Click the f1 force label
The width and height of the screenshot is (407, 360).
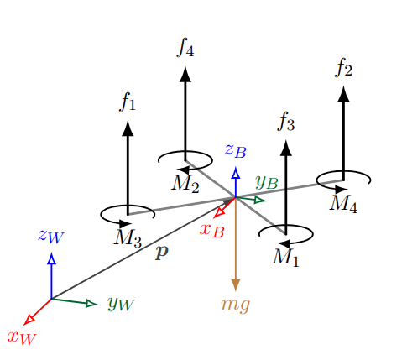tap(128, 102)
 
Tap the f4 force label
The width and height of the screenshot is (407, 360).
tap(185, 48)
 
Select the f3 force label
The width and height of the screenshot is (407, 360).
tap(286, 123)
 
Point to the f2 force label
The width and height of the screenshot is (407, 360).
tap(342, 67)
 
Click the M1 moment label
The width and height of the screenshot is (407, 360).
tap(285, 256)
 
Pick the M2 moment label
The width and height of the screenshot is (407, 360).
tap(185, 183)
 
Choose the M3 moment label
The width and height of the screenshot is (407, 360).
tap(128, 238)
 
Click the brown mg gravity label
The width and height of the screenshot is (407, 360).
tap(236, 304)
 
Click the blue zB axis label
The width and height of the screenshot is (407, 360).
tap(236, 151)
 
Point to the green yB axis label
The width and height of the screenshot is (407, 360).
tap(267, 180)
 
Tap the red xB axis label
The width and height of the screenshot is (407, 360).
tap(211, 229)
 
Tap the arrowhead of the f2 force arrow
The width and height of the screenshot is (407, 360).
tap(342, 93)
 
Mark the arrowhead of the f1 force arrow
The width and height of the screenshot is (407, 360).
tap(128, 128)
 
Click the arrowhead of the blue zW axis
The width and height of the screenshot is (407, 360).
tap(52, 259)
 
